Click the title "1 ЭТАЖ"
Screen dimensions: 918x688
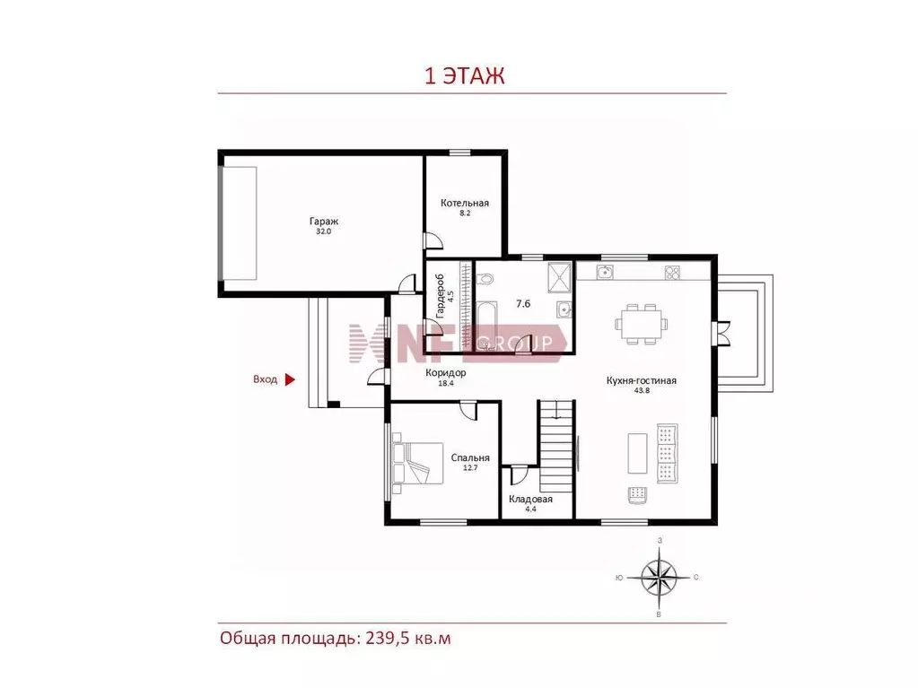pos(464,76)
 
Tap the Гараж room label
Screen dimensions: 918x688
pos(324,222)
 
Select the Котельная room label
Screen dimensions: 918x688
pos(465,203)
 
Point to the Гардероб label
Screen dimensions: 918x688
pos(441,295)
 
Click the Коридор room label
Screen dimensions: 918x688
pos(445,372)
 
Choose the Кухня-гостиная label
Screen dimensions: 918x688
pos(642,381)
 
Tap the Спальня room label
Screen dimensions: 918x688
pos(470,458)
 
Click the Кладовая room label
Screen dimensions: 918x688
pos(530,499)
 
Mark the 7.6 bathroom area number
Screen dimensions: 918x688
pos(523,303)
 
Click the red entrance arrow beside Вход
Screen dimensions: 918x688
pos(290,379)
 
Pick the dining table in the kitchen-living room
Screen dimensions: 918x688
pos(641,324)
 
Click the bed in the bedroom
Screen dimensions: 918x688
pos(418,462)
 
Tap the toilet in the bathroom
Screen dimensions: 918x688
pos(485,279)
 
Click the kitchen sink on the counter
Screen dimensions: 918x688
pos(605,272)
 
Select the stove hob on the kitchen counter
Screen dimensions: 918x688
pos(672,273)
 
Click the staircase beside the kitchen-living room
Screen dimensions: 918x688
pos(555,446)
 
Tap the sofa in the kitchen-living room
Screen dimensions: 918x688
pos(667,453)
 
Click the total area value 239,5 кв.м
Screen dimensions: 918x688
pos(408,638)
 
